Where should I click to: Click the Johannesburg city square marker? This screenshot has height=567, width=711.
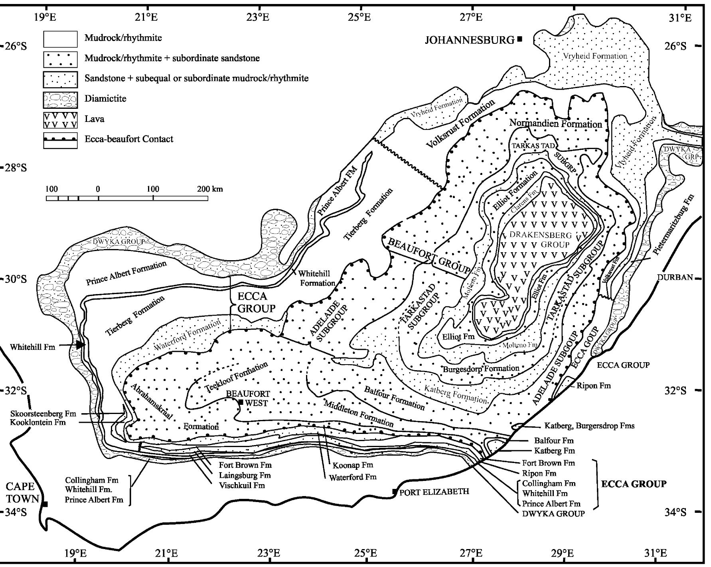pos(519,39)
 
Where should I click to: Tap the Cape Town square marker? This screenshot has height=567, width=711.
pos(45,504)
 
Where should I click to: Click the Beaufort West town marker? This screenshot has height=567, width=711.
pos(241,402)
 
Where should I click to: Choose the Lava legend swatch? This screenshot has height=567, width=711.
pos(60,120)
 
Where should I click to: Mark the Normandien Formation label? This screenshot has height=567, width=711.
pos(555,124)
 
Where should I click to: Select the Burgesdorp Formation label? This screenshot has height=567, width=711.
pos(481,369)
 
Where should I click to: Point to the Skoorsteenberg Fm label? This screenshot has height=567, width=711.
pos(43,414)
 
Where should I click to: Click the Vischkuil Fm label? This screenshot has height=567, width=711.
pos(242,485)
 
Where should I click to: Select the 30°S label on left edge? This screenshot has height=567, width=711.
pos(16,279)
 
